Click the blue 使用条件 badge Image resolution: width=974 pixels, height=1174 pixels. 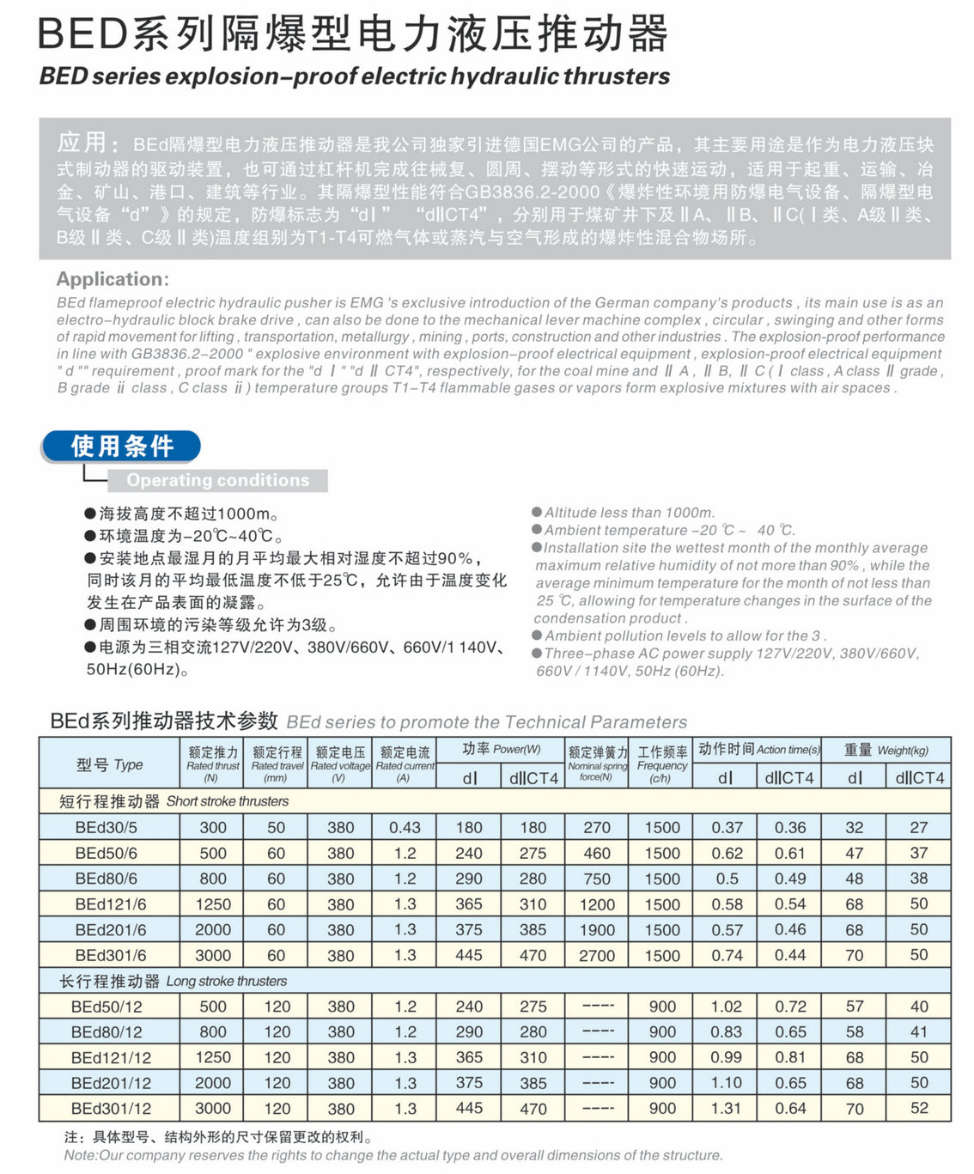point(121,446)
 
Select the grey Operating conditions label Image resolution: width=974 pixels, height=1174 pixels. point(217,480)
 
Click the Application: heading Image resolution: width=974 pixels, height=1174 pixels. point(113,279)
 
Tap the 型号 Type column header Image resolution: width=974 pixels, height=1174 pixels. point(109,763)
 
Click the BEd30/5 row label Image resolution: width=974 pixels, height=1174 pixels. point(106,827)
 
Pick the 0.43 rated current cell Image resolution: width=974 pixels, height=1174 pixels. point(405,827)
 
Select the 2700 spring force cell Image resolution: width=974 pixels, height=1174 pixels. point(596,955)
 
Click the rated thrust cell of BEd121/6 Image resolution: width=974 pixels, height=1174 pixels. point(212,904)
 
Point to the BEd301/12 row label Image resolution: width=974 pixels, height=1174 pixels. point(110,1108)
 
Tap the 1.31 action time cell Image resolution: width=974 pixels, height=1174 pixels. point(726,1108)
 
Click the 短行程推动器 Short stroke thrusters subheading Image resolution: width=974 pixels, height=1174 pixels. point(173,801)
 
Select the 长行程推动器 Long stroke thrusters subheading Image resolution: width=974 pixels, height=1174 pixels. point(173,981)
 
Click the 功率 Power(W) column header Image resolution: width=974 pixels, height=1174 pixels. point(501,749)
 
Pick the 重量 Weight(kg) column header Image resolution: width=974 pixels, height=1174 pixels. point(886,750)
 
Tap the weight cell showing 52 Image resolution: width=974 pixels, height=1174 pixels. point(919,1108)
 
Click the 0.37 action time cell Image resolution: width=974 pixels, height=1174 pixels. point(726,827)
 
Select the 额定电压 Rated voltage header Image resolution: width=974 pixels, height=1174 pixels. point(340,763)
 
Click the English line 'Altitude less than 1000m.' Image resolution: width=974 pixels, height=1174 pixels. point(629,512)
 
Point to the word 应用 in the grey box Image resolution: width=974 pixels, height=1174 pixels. point(82,143)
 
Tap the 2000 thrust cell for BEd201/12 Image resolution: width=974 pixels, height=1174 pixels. point(212,1083)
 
